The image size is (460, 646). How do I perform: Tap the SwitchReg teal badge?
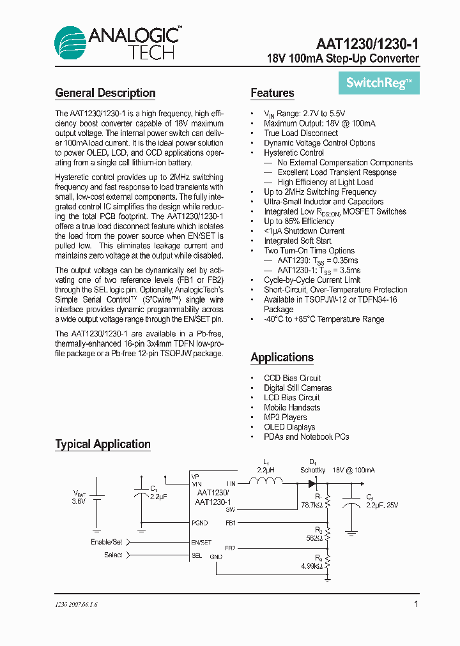379,82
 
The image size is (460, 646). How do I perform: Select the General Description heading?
105,93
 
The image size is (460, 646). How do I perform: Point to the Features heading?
272,93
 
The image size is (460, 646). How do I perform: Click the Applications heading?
282,357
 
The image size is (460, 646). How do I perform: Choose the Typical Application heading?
103,444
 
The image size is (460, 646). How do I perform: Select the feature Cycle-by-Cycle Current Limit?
312,280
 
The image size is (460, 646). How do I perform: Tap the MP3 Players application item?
285,417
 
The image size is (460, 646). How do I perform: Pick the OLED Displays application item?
289,427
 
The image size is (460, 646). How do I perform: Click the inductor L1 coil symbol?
266,483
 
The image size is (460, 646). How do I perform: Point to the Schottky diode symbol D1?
313,483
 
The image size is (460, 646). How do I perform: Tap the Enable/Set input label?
106,542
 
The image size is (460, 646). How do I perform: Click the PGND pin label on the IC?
201,523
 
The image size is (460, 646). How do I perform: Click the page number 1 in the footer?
416,604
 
